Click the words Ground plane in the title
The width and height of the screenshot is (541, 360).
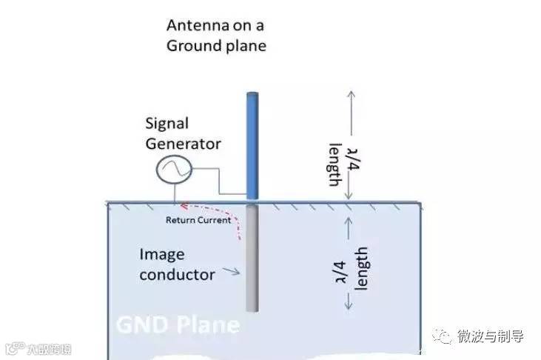215,46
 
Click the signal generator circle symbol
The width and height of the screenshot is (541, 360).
174,171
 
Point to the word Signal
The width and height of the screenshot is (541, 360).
167,123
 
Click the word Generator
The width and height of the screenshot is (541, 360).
184,143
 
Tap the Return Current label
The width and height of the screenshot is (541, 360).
198,220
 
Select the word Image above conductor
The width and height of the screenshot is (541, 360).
161,255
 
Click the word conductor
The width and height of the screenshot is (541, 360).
177,275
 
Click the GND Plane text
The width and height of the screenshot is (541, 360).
178,325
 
